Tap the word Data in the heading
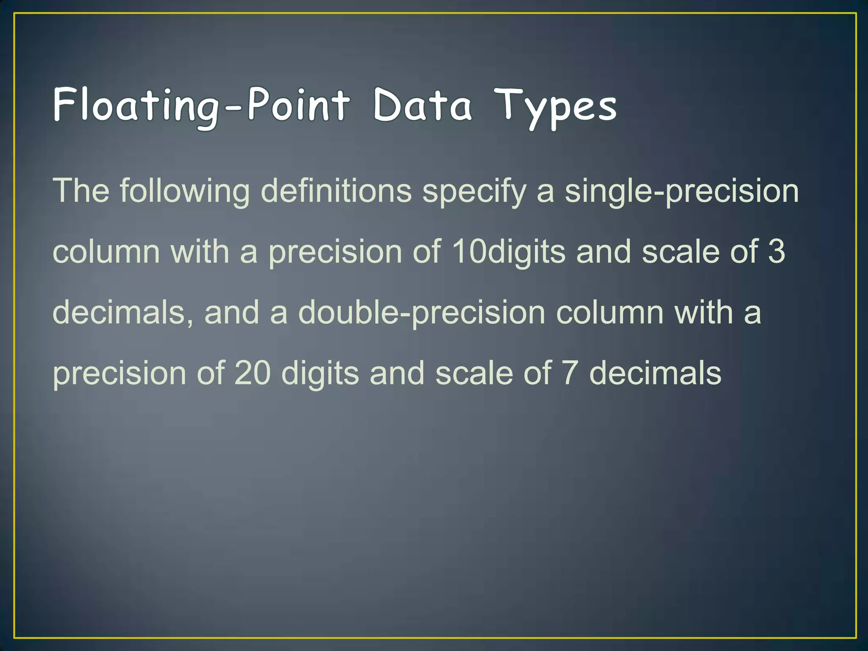422,105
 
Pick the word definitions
336,191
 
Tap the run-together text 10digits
508,252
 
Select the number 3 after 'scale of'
776,252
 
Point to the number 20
252,373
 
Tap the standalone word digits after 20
320,373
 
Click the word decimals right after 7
655,373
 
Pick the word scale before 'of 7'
474,373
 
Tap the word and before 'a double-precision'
231,313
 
